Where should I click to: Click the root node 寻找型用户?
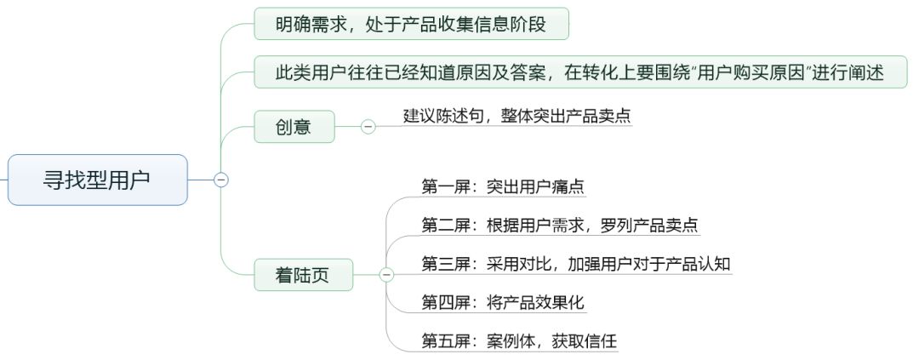(x=97, y=180)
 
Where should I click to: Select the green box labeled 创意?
(x=294, y=126)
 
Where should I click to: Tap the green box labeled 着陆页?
(x=304, y=274)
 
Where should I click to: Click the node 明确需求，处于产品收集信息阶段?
(x=411, y=24)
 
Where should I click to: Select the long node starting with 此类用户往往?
(x=580, y=72)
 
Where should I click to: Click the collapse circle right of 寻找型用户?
(x=221, y=180)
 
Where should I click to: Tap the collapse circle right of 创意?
(x=368, y=126)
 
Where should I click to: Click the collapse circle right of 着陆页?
(x=387, y=274)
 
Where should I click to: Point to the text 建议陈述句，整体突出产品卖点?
(x=517, y=116)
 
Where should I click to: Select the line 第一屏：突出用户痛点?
(x=503, y=187)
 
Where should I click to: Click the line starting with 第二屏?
(x=560, y=226)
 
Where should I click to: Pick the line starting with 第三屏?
(x=576, y=264)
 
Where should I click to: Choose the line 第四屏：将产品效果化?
(x=503, y=302)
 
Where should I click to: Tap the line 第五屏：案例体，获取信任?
(x=519, y=340)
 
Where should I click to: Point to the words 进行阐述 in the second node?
(x=851, y=72)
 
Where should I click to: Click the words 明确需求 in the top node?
(x=308, y=24)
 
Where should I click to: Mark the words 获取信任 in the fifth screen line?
(x=585, y=340)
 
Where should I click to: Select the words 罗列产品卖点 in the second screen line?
(x=649, y=226)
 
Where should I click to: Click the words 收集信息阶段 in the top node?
(x=498, y=24)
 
